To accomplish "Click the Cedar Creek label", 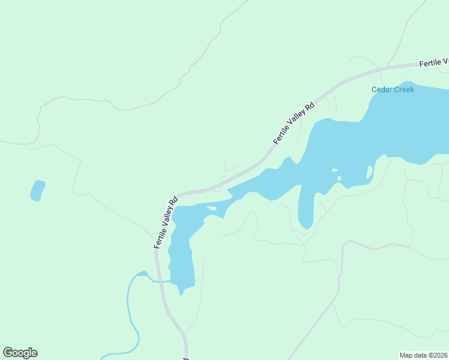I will pyautogui.click(x=393, y=89).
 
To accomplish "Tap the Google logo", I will pyautogui.click(x=20, y=353).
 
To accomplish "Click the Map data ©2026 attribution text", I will pyautogui.click(x=423, y=355).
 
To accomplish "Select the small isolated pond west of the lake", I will pyautogui.click(x=37, y=190).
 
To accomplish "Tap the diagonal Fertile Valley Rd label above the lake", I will pyautogui.click(x=294, y=124).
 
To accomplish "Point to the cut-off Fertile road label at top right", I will pyautogui.click(x=433, y=62).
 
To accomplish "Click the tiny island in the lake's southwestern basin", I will pyautogui.click(x=211, y=209).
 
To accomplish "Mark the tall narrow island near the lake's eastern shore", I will pyautogui.click(x=369, y=173).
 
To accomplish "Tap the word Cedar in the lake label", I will pyautogui.click(x=382, y=89).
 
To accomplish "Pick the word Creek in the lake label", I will pyautogui.click(x=403, y=89).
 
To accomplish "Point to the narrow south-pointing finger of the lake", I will pyautogui.click(x=305, y=210).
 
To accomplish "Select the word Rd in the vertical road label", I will pyautogui.click(x=174, y=200).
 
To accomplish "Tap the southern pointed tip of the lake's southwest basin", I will pyautogui.click(x=180, y=293).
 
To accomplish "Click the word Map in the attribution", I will pyautogui.click(x=407, y=355).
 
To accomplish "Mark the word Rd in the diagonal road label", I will pyautogui.click(x=310, y=107).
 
